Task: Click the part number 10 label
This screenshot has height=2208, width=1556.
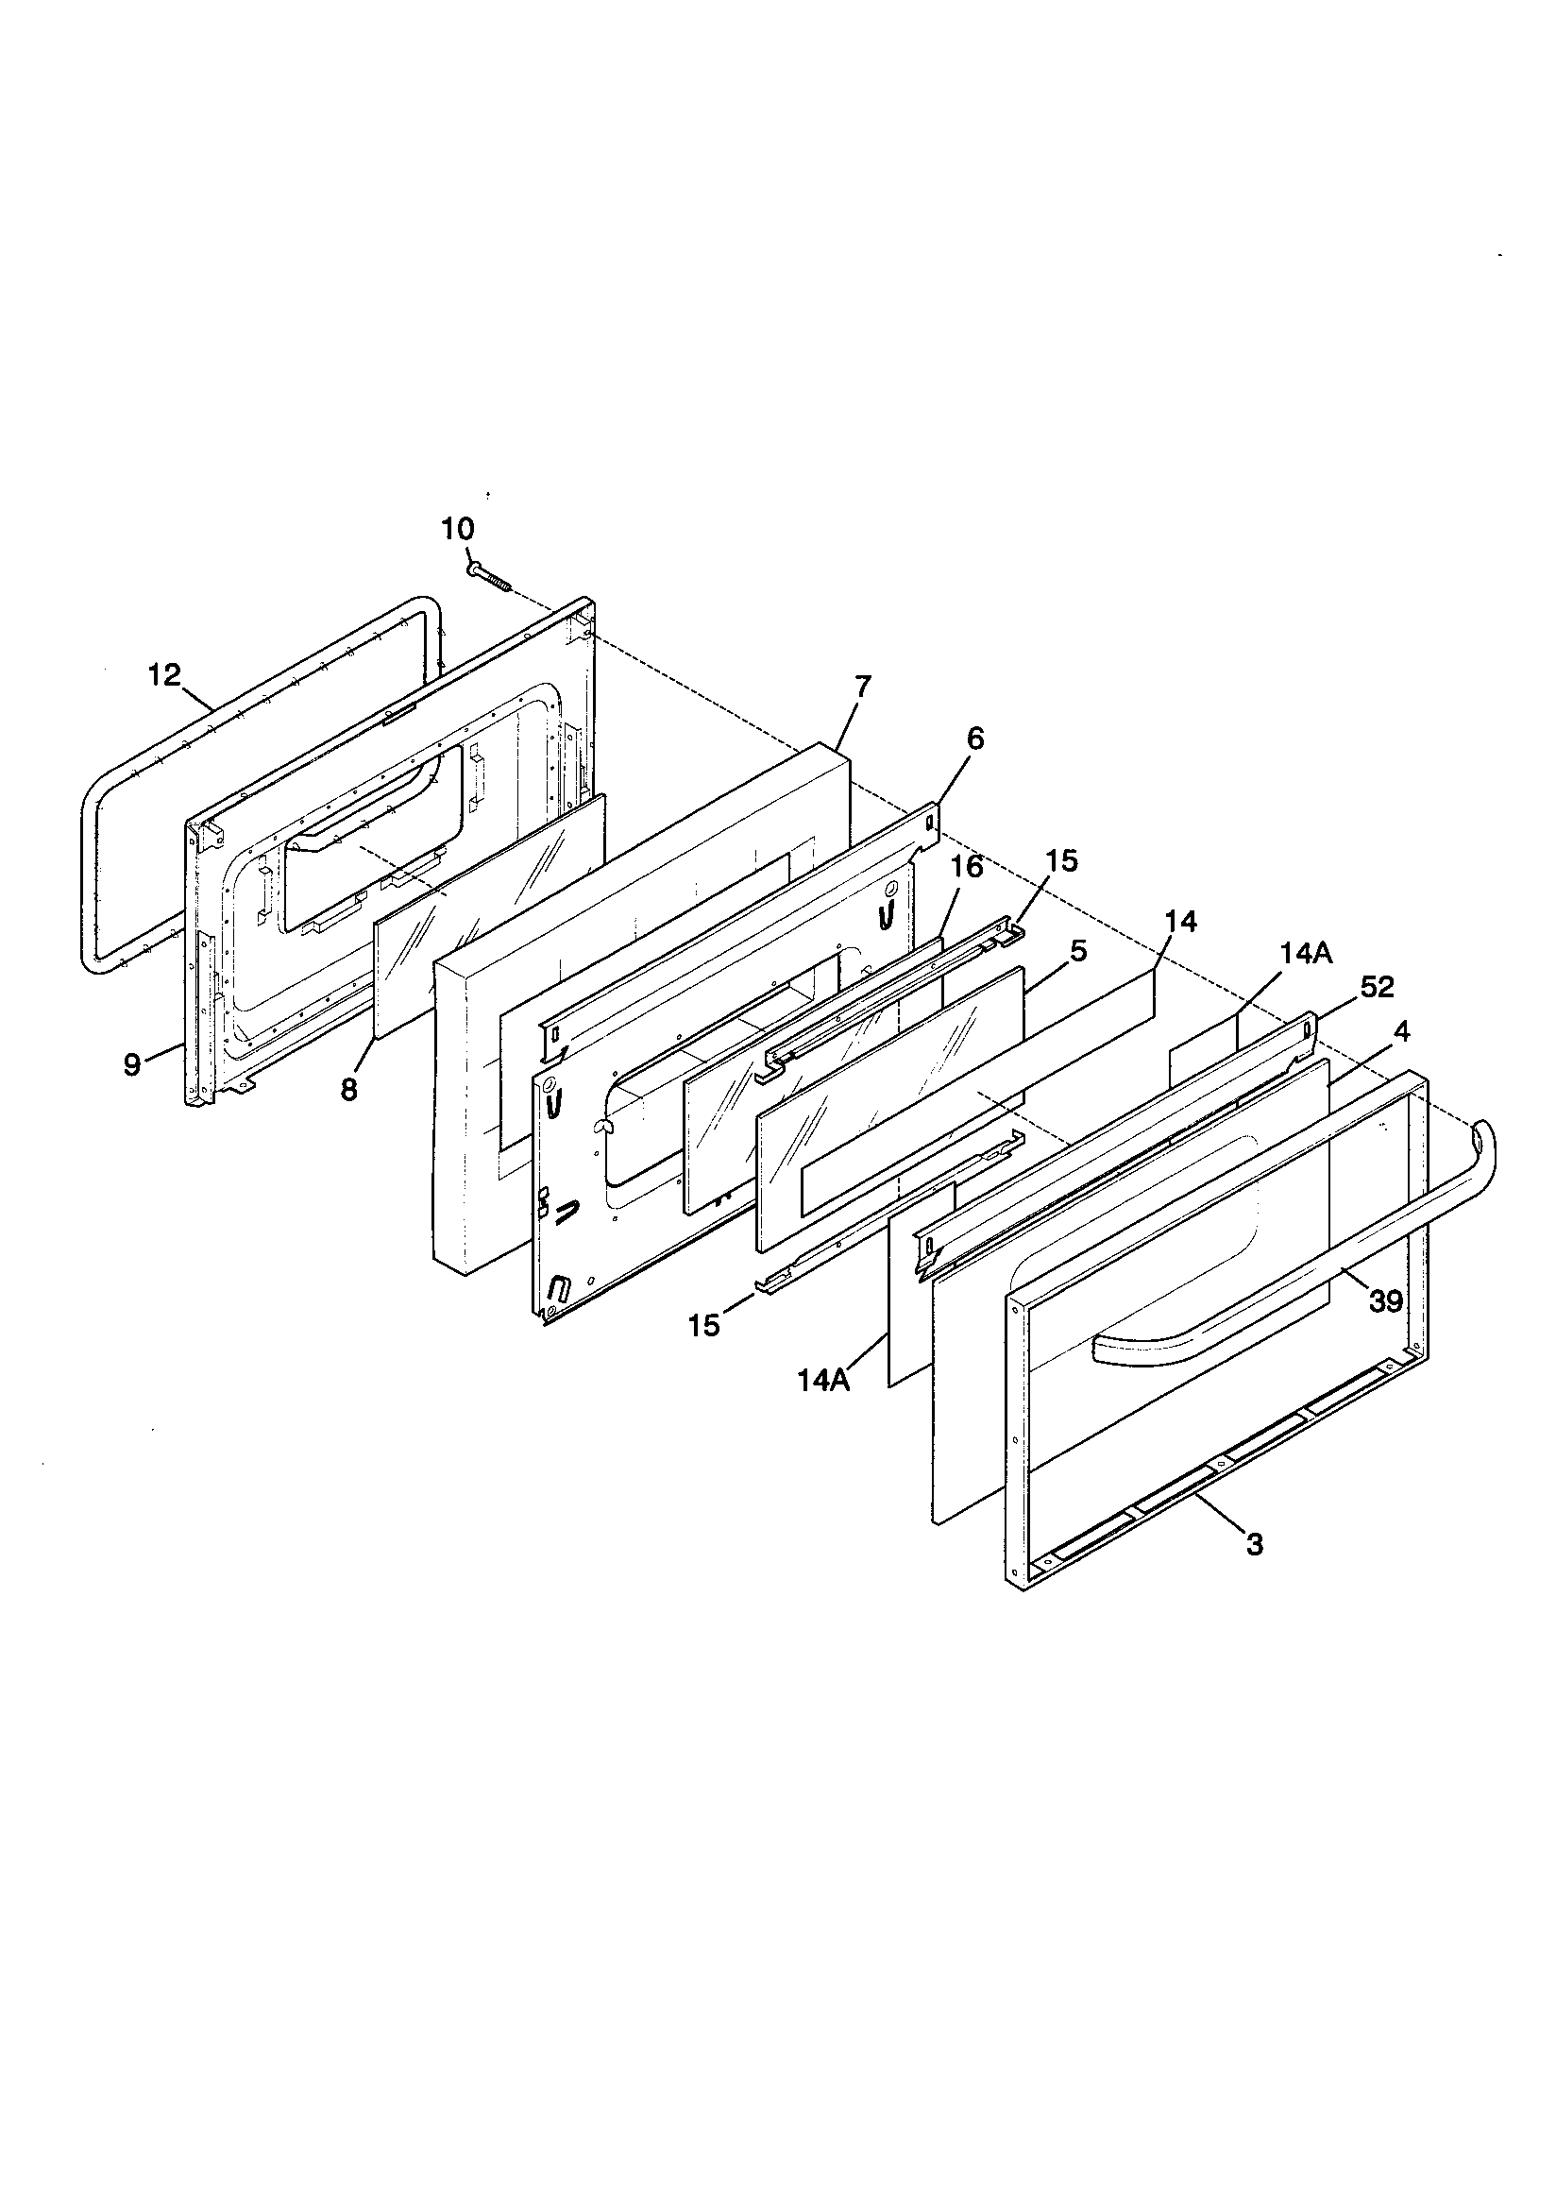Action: [458, 529]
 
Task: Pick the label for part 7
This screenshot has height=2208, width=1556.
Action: [863, 687]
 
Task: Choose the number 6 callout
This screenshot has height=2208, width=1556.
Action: [975, 739]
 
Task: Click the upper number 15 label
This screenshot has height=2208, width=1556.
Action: [1062, 860]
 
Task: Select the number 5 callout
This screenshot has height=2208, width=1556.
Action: [1078, 951]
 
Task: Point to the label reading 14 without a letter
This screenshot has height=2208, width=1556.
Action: [1180, 922]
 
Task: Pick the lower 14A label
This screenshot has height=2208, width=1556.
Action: [824, 1380]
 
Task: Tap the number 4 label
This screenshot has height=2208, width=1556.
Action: [1401, 1032]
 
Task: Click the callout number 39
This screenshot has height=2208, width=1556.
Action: [1386, 1301]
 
